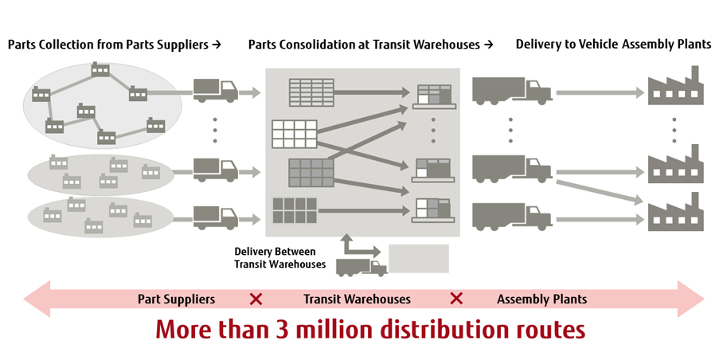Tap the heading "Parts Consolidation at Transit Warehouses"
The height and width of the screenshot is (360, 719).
pyautogui.click(x=365, y=45)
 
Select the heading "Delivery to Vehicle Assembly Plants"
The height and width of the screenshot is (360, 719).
pyautogui.click(x=613, y=45)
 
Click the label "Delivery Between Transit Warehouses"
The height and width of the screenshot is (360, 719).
pyautogui.click(x=279, y=258)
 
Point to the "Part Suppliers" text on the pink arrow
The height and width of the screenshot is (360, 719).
pyautogui.click(x=176, y=299)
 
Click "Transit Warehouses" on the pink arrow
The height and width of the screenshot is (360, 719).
pyautogui.click(x=357, y=299)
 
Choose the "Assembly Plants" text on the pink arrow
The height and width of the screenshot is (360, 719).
pyautogui.click(x=541, y=299)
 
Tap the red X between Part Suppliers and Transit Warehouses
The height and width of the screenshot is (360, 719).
pyautogui.click(x=256, y=299)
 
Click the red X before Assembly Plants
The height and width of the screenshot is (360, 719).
pyautogui.click(x=456, y=299)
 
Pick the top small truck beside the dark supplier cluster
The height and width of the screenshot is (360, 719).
pyautogui.click(x=216, y=90)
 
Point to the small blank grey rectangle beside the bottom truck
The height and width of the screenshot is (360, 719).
pyautogui.click(x=419, y=259)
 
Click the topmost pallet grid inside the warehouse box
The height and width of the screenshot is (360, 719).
pyautogui.click(x=311, y=92)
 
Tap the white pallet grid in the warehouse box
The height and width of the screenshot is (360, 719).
pyautogui.click(x=294, y=133)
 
